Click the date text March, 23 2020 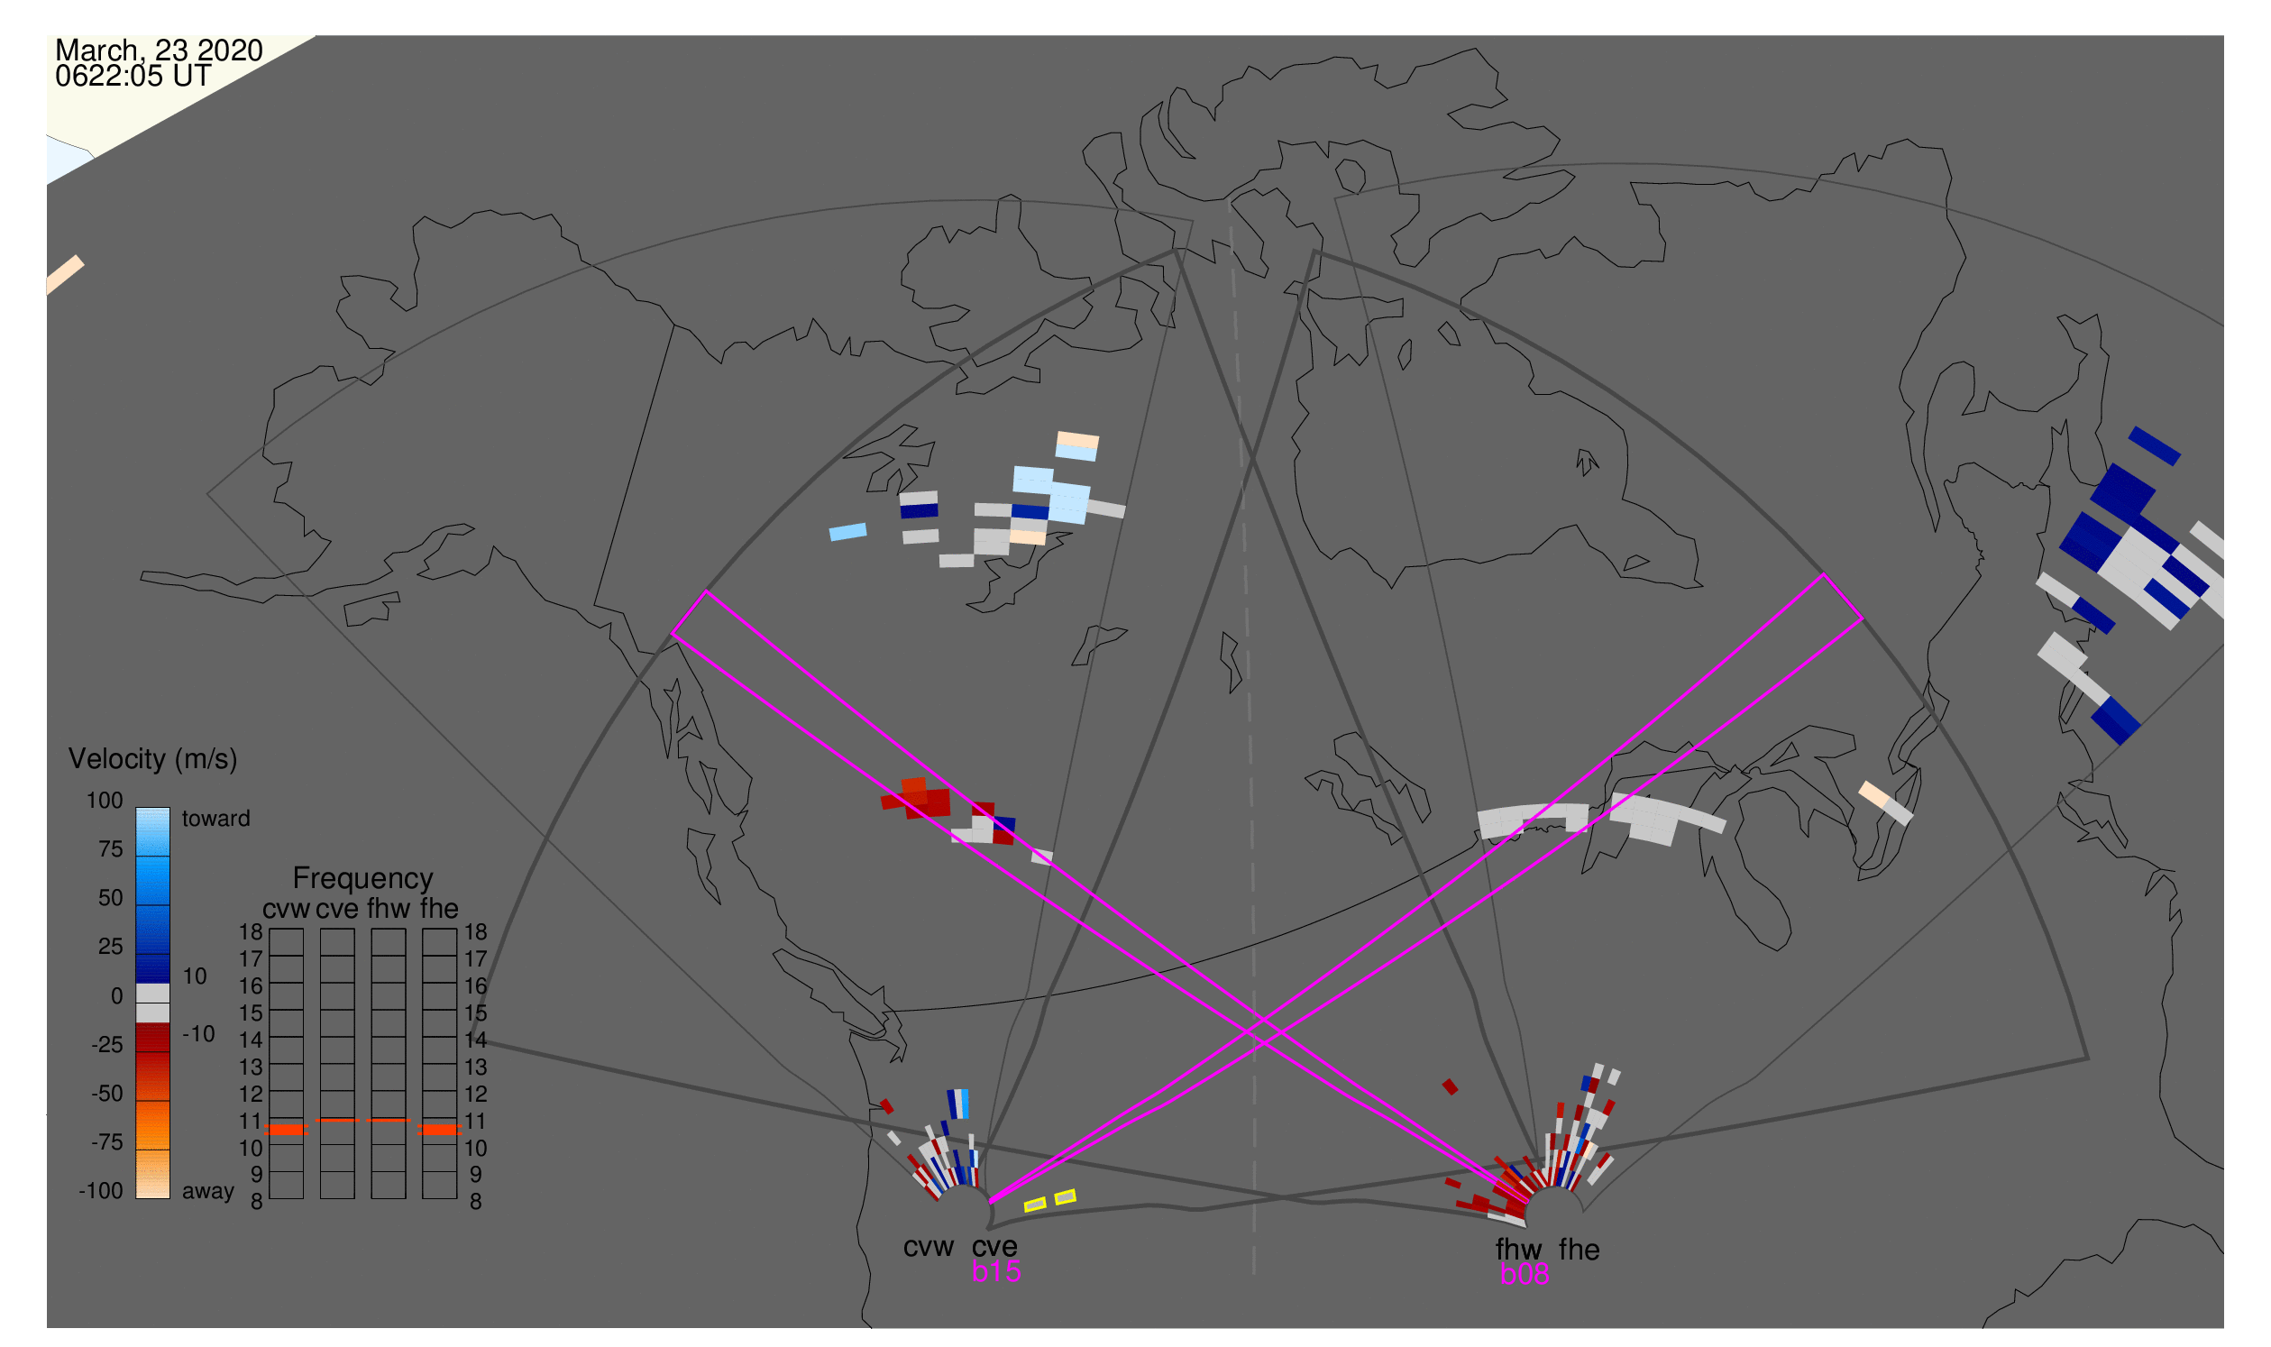pyautogui.click(x=159, y=50)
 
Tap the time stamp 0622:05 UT pyautogui.click(x=133, y=77)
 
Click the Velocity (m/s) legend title pyautogui.click(x=153, y=760)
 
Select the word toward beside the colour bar pyautogui.click(x=216, y=819)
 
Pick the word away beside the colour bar pyautogui.click(x=208, y=1192)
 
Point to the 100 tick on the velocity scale pyautogui.click(x=105, y=801)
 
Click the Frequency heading pyautogui.click(x=363, y=879)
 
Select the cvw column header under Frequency pyautogui.click(x=287, y=910)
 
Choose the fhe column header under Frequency pyautogui.click(x=439, y=910)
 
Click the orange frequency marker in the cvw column pyautogui.click(x=287, y=1130)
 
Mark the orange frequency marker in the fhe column pyautogui.click(x=439, y=1130)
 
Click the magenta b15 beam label pyautogui.click(x=996, y=1272)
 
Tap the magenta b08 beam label pyautogui.click(x=1525, y=1275)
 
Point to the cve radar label pyautogui.click(x=994, y=1247)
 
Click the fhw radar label pyautogui.click(x=1519, y=1250)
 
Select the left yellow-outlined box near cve pyautogui.click(x=1036, y=1205)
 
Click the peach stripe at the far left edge pyautogui.click(x=64, y=275)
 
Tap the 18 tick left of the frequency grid pyautogui.click(x=252, y=932)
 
